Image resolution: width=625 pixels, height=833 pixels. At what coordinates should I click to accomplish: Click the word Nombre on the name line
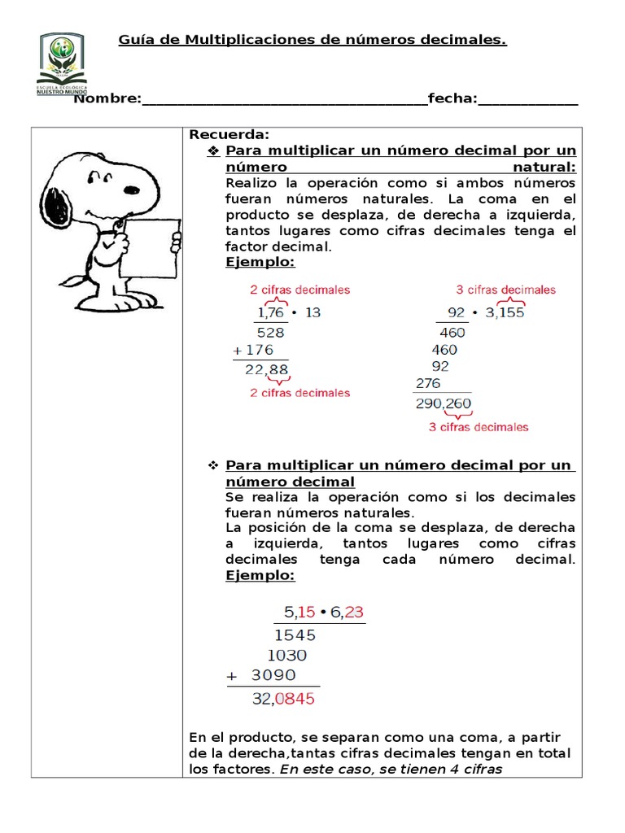[x=106, y=98]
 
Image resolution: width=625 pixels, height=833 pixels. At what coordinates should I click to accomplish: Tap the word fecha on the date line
[x=452, y=98]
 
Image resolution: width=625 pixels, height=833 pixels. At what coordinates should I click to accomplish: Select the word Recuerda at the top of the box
[x=229, y=135]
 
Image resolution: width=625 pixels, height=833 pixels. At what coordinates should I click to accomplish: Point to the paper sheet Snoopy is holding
[x=151, y=249]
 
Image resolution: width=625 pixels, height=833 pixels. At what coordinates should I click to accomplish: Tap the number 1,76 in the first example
[x=273, y=312]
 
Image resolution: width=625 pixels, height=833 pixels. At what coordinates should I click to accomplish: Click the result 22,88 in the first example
[x=266, y=371]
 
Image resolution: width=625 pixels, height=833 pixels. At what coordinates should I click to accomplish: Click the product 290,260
[x=443, y=403]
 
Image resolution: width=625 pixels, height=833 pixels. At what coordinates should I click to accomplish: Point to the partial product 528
[x=270, y=332]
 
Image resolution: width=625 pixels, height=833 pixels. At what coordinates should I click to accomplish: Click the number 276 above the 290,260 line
[x=430, y=383]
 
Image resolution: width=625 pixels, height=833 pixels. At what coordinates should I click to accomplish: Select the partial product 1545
[x=295, y=635]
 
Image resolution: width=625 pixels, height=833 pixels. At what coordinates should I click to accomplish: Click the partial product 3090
[x=273, y=675]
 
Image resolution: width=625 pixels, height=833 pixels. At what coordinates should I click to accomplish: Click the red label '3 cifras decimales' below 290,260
[x=479, y=426]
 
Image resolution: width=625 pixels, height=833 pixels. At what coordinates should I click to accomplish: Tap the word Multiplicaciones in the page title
[x=246, y=40]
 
